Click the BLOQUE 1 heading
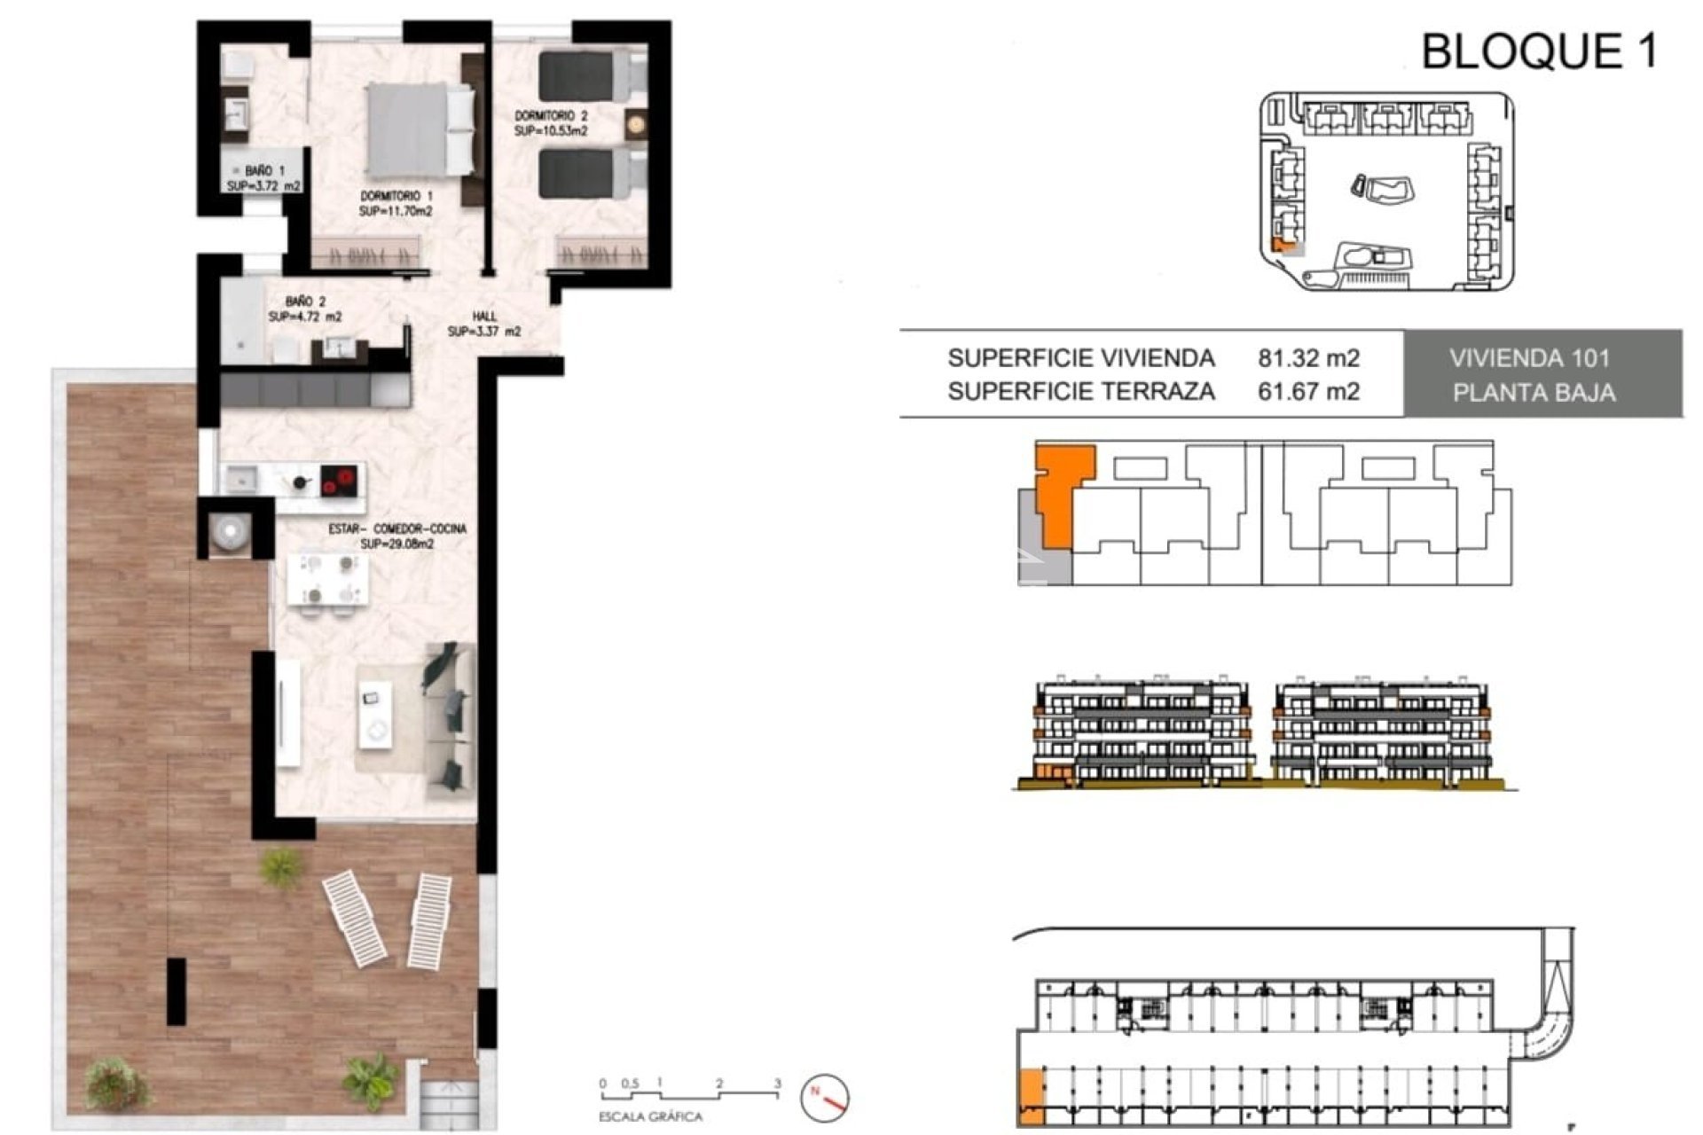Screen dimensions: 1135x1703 [x=1539, y=51]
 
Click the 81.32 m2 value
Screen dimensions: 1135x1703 [x=1308, y=358]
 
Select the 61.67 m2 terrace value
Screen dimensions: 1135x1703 [x=1308, y=391]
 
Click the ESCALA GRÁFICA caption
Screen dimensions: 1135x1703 [x=650, y=1117]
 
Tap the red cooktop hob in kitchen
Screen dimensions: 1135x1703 [x=338, y=481]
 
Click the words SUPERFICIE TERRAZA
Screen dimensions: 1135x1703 [x=1080, y=391]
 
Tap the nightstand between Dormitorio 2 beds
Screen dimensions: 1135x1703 [x=636, y=124]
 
